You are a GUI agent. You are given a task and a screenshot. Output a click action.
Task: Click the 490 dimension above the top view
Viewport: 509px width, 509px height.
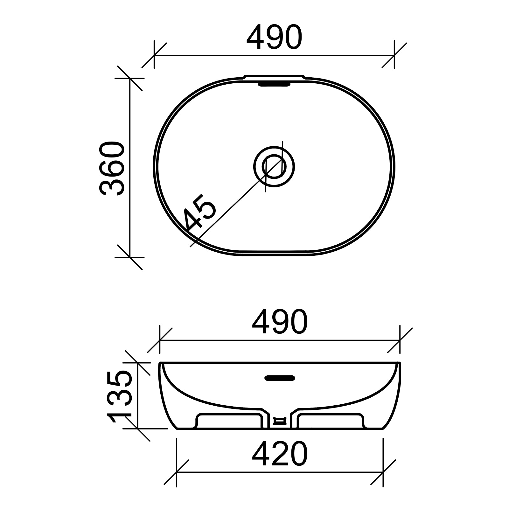point(274,38)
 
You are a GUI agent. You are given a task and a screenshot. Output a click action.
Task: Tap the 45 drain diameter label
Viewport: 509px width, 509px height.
point(200,212)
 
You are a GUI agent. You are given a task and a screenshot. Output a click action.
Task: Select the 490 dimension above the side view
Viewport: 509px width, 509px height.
point(280,322)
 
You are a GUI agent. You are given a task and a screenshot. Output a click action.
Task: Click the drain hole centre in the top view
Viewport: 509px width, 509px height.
point(274,167)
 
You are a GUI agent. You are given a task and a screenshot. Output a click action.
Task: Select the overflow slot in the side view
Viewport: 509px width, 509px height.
point(280,378)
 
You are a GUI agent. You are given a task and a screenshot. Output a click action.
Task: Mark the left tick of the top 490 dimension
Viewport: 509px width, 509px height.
point(154,55)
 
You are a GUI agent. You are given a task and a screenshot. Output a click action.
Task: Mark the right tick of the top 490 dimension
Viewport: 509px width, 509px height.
point(394,55)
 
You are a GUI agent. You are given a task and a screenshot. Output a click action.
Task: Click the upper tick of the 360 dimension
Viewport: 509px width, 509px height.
point(130,78)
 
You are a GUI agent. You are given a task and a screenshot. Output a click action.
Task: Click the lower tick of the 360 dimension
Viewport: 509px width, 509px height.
point(130,257)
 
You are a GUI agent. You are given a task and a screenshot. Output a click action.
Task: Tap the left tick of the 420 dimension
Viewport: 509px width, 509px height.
point(177,472)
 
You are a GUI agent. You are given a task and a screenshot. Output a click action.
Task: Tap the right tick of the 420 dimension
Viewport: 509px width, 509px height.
point(383,472)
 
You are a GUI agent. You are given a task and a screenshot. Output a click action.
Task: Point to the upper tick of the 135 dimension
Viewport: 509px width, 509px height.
point(137,363)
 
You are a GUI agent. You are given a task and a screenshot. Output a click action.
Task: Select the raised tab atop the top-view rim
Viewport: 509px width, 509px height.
point(274,77)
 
